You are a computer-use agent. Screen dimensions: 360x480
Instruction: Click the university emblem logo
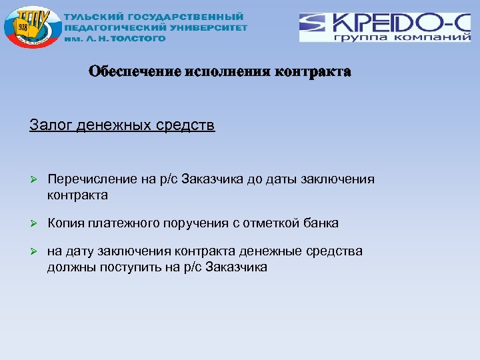pyautogui.click(x=31, y=28)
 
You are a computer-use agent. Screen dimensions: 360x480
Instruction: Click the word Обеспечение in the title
pyautogui.click(x=135, y=72)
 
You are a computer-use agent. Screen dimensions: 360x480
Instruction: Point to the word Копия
pyautogui.click(x=65, y=223)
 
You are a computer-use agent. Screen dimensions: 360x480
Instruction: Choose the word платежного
pyautogui.click(x=124, y=223)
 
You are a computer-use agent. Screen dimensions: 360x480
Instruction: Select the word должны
pyautogui.click(x=69, y=267)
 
